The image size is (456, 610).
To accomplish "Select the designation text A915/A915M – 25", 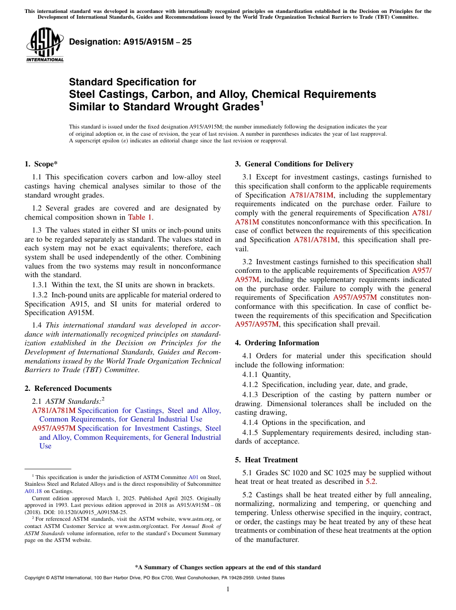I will click(x=131, y=42).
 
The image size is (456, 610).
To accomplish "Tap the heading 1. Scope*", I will click(x=41, y=164).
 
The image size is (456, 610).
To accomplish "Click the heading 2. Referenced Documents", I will click(x=68, y=388).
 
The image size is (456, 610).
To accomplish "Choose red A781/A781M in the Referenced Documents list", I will click(x=54, y=411).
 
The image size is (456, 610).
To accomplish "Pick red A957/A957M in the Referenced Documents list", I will click(x=54, y=428).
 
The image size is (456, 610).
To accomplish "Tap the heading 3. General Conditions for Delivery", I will click(x=294, y=164).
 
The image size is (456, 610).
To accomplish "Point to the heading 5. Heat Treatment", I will click(x=266, y=460).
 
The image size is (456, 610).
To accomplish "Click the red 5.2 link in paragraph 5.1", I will click(x=371, y=481).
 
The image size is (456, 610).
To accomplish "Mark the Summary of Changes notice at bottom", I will click(x=228, y=567).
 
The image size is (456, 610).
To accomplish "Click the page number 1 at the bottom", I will click(x=228, y=589).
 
